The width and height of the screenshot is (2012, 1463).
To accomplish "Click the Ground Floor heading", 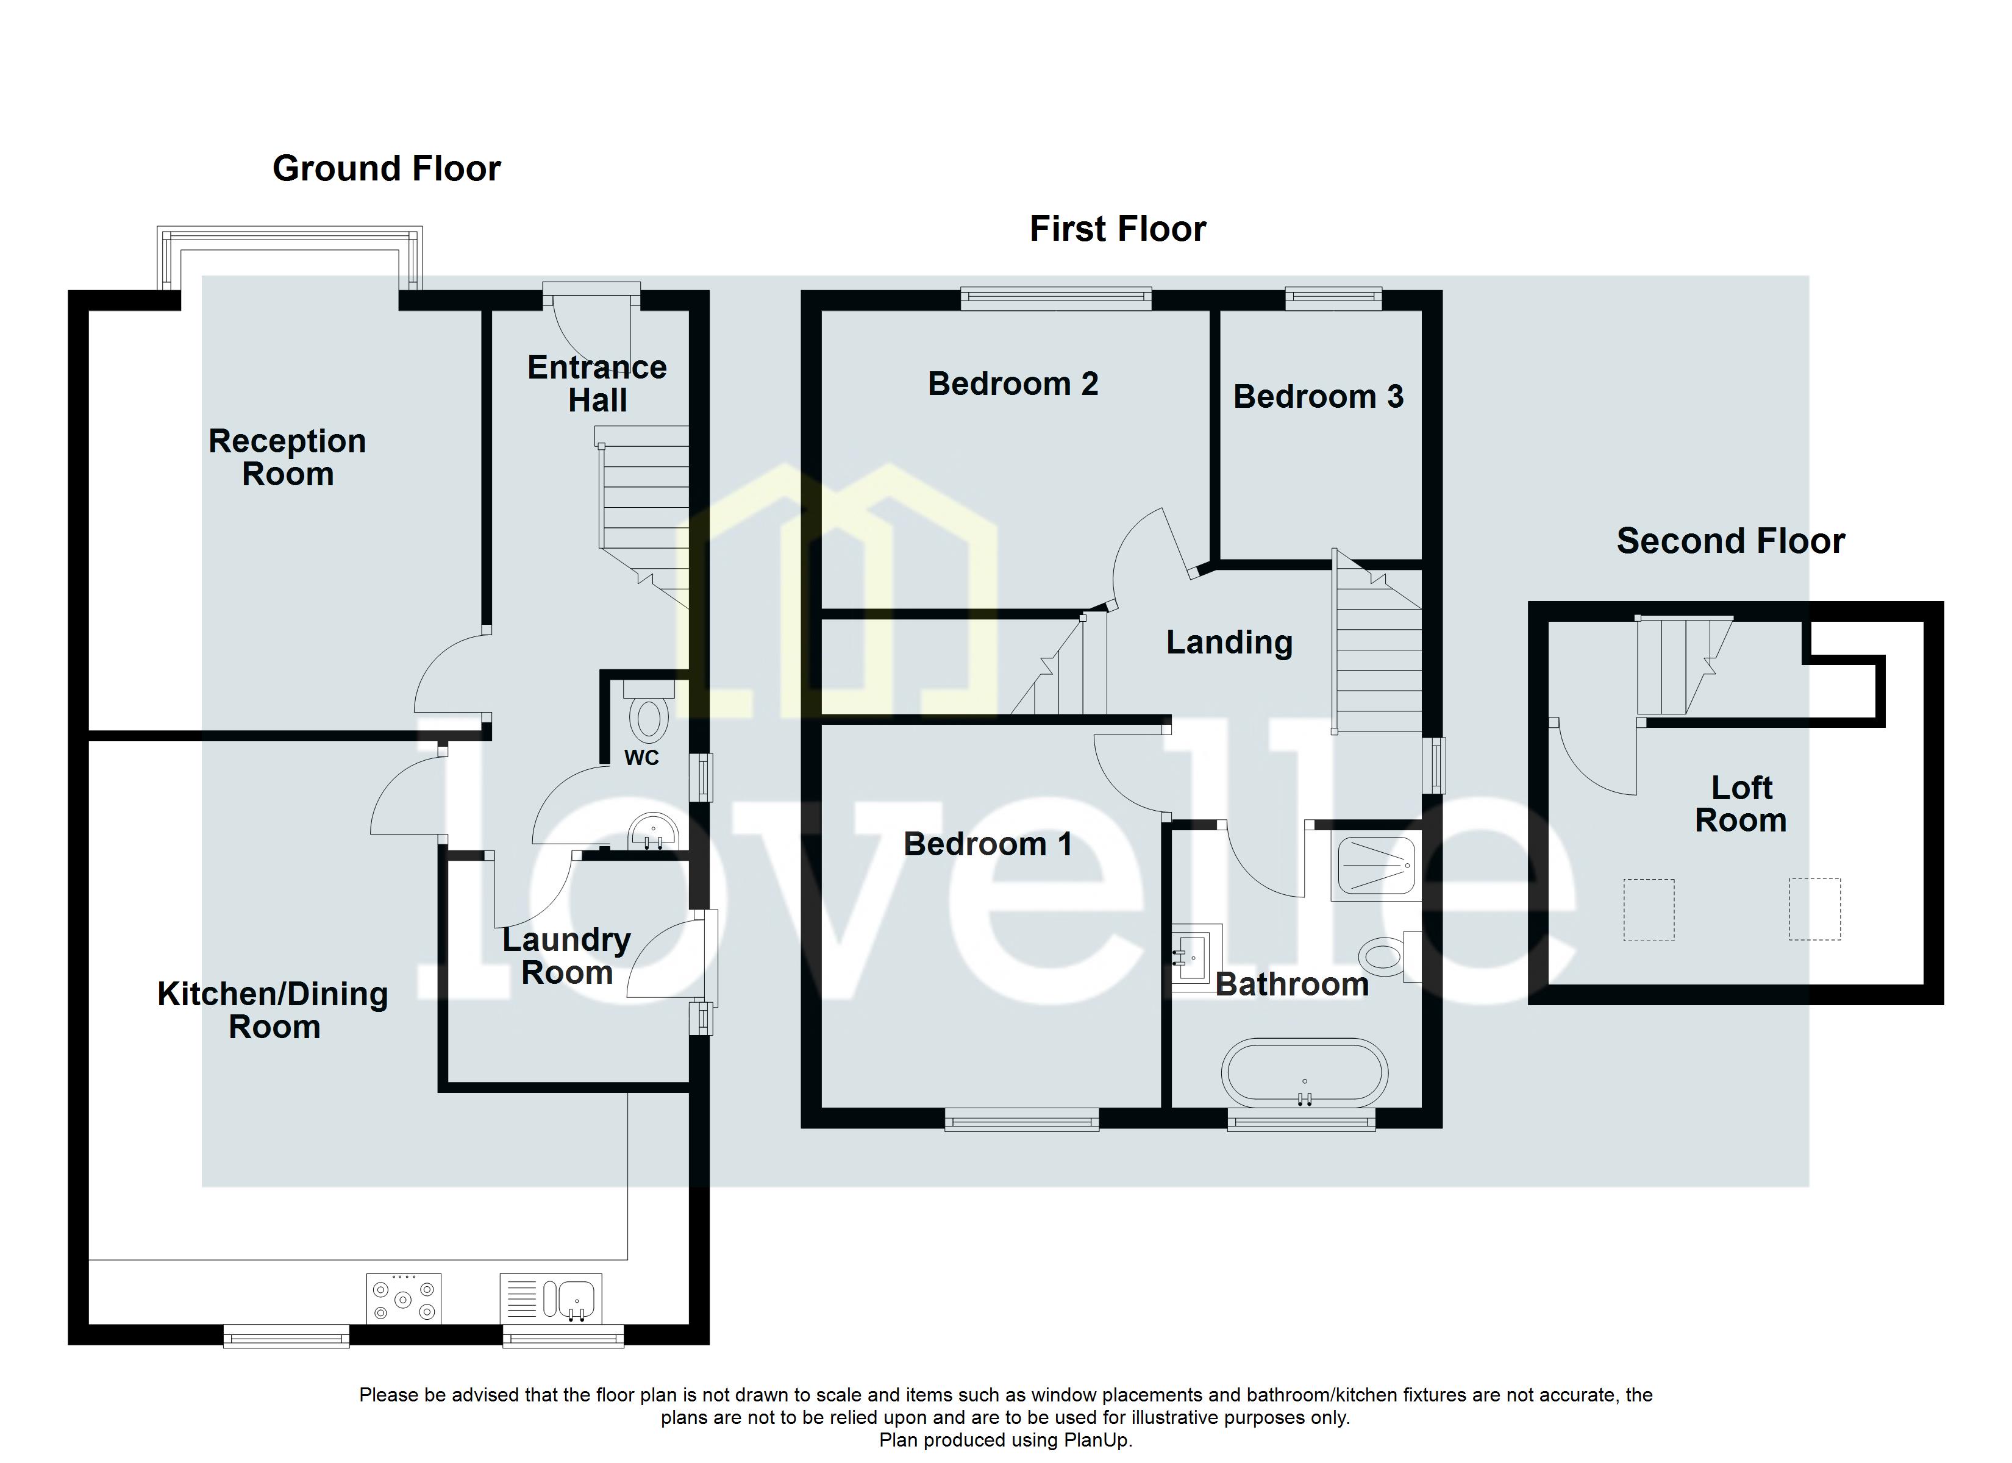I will (386, 169).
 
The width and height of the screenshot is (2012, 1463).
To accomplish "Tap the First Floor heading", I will (1117, 229).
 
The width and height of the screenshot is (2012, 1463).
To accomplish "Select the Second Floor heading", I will (1730, 541).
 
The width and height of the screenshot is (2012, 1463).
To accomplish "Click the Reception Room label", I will (287, 457).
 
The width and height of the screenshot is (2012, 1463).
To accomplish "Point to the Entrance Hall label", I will (597, 383).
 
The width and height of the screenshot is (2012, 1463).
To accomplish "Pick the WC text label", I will (641, 758).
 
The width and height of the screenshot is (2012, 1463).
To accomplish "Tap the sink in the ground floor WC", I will (654, 832).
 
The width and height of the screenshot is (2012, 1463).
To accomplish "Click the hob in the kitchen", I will (404, 1299).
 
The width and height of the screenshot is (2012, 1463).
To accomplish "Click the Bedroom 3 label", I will (1318, 397).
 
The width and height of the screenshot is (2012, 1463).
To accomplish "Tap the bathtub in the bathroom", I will (1304, 1075).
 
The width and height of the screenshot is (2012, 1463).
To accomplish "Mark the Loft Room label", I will (1741, 804).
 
